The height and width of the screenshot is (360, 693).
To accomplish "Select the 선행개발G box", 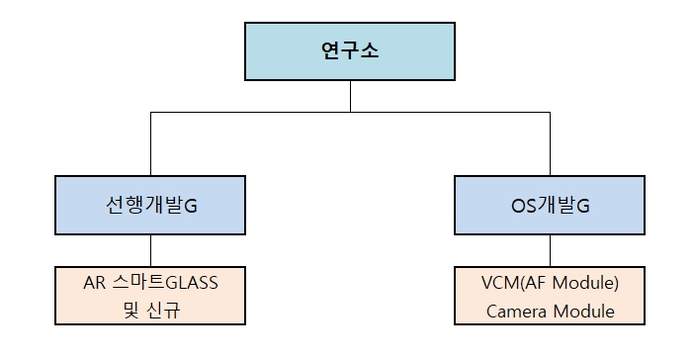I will (150, 205).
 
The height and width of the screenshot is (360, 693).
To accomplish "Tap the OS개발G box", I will (550, 205).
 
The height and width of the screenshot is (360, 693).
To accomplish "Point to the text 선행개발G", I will (150, 206).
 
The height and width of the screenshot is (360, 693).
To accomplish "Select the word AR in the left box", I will (94, 283).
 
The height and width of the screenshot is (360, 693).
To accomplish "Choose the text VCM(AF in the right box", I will (515, 283).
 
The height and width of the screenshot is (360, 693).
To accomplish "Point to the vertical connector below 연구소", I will (351, 97).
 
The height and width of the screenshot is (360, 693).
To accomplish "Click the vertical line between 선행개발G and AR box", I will (150, 250).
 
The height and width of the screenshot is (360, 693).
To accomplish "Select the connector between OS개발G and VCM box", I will (550, 250).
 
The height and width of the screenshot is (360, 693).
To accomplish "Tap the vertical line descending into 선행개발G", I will (150, 144).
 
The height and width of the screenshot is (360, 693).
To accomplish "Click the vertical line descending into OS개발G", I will (550, 144).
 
